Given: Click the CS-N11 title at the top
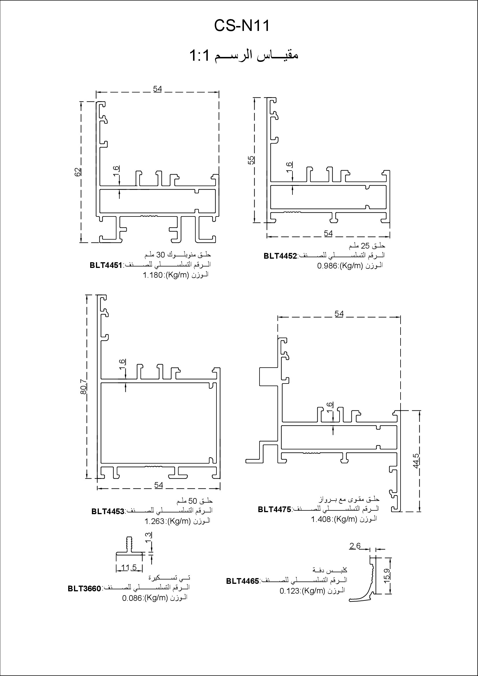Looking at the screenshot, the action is [242, 26].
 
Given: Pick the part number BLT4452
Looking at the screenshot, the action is [280, 256].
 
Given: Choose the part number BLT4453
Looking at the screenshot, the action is [108, 511].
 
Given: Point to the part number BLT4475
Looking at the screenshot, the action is [274, 509].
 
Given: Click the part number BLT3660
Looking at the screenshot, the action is [84, 588].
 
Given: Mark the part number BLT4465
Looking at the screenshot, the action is [242, 581].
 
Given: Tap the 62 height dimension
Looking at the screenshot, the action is [78, 172].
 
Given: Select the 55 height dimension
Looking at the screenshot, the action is [251, 160].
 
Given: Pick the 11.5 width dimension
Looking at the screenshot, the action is [129, 567].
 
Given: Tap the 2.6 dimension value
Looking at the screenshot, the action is [355, 546].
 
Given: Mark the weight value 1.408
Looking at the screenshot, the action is [321, 519].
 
